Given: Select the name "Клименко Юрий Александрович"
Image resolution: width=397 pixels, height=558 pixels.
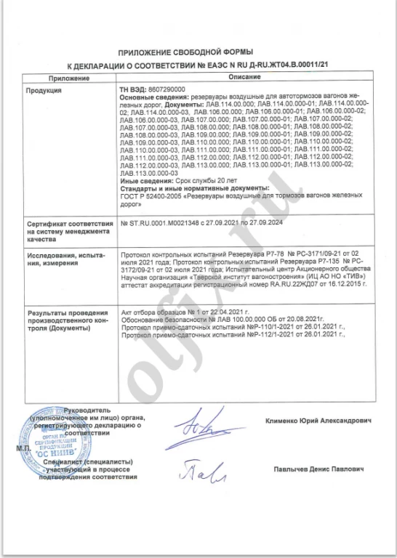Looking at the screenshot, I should pos(323,421).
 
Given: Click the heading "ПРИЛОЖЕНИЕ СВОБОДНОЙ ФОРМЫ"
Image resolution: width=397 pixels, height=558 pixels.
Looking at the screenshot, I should pos(197,53).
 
